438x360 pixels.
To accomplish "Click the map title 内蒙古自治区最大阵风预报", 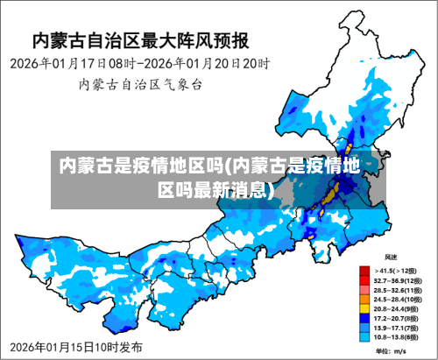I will tap(140, 40).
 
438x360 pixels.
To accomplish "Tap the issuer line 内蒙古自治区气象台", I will tap(140, 85).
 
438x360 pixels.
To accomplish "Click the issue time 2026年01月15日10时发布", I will tap(77, 348).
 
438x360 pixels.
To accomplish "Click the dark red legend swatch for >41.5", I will tap(364, 270).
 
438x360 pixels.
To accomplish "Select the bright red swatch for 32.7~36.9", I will tap(364, 279).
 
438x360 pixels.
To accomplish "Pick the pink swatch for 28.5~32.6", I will tap(364, 289).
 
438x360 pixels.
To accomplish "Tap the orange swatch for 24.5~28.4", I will tap(364, 299).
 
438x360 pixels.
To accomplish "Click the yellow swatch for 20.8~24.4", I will tap(364, 308).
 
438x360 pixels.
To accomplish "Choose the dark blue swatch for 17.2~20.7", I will tap(364, 317).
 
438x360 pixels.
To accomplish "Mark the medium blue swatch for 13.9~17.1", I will tap(364, 327).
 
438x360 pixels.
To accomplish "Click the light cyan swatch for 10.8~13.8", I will tap(364, 336).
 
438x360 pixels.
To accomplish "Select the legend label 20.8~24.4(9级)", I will tap(397, 308).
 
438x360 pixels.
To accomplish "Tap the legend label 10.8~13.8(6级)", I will tap(397, 336).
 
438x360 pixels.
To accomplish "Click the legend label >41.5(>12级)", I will tap(397, 270).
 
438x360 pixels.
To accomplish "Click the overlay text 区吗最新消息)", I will tap(215, 190).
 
